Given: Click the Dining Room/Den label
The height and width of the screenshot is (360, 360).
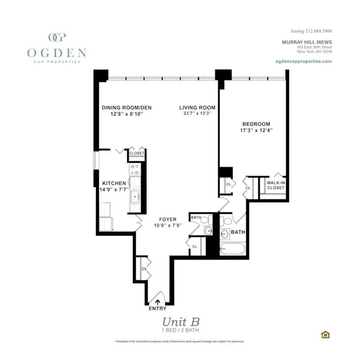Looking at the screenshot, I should pos(127,107).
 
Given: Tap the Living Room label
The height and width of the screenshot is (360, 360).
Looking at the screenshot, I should pos(197,107).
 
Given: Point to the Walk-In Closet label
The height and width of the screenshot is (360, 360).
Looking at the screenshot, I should pos(276,185).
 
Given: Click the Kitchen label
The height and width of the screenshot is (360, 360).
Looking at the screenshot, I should pos(114,183).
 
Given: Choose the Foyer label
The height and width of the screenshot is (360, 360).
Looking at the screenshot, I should pos(168,219).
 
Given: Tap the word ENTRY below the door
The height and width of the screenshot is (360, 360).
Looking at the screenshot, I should pos(157,308).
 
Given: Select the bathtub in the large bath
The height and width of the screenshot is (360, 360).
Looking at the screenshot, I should pos(233,248).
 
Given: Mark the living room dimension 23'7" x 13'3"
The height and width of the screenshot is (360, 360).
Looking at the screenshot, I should pos(197,113).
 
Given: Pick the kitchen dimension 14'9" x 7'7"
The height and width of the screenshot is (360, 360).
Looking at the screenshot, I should pos(114,189).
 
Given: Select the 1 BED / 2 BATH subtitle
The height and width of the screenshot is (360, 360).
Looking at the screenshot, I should pos(181,330).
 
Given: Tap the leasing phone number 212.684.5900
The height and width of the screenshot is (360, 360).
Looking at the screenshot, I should pos(319,31).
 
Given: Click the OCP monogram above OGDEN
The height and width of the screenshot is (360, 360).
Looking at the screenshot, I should pos(57,37).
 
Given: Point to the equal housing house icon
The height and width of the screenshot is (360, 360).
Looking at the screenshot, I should pos(325,334).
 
